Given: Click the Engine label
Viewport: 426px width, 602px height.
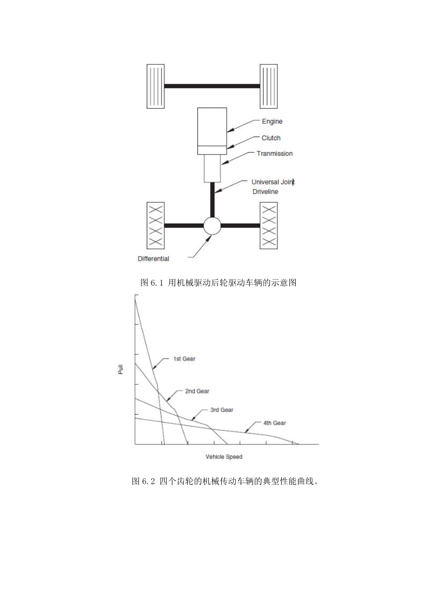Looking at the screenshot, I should coord(272,121).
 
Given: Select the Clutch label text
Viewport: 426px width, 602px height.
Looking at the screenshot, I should coord(271,138).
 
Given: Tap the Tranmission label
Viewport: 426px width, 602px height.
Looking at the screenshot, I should coord(275,154).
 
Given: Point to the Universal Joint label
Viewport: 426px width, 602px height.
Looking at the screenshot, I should coord(272,182).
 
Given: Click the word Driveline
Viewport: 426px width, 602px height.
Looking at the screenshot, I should coord(265,192).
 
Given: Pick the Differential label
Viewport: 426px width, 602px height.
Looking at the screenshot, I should coord(153,258).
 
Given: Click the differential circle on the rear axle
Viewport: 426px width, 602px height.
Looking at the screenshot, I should coord(212,225).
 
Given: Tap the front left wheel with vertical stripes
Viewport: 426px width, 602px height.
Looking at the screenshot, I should coord(155,86).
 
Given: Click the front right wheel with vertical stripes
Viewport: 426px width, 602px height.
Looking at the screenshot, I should coord(269,86).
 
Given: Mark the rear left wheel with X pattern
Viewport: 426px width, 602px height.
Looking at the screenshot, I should coord(155,225).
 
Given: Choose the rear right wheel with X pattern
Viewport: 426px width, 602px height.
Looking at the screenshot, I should coord(269,225).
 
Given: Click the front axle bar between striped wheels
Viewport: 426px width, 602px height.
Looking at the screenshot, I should coord(212,86).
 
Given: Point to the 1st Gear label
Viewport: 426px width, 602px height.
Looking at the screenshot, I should coord(184,359).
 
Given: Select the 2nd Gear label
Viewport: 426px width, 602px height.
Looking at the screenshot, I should coord(197,391).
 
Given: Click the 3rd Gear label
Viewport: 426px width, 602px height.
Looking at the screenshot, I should coord(222,410).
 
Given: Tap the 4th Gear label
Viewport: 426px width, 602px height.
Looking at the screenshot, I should coord(275,423).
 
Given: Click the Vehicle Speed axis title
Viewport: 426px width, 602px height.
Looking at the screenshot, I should coord(224,457).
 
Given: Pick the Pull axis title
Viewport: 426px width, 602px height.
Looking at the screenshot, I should coord(121,369).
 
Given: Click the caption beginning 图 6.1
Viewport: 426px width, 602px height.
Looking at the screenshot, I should coord(218,282).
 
